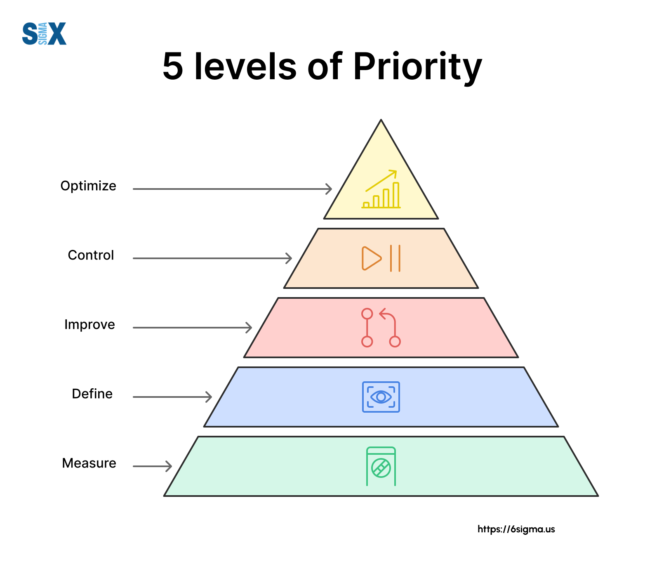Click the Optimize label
(x=88, y=186)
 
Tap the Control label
(x=91, y=255)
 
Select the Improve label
(x=89, y=325)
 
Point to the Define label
(x=92, y=394)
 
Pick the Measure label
(x=89, y=463)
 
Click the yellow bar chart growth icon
(x=381, y=189)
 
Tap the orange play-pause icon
(x=381, y=258)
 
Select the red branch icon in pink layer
(x=381, y=328)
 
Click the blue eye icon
(x=381, y=397)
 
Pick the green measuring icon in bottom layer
(x=381, y=466)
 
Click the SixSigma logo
(x=44, y=34)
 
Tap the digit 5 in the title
(x=173, y=67)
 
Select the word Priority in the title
(x=417, y=67)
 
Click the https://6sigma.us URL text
(x=516, y=529)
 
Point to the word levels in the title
(x=245, y=67)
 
